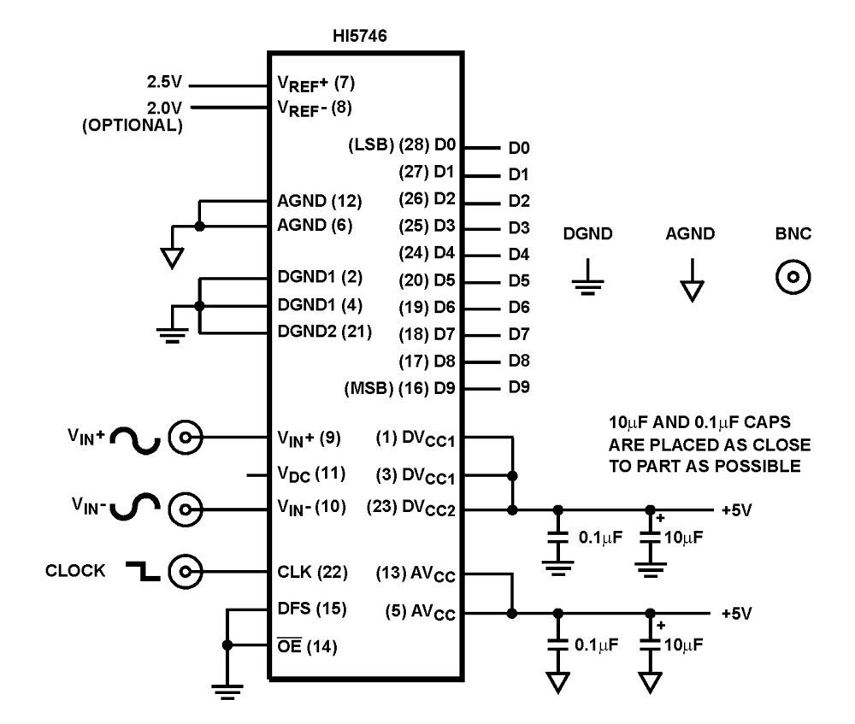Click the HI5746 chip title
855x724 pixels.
pyautogui.click(x=366, y=38)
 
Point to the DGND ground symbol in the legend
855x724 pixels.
pyautogui.click(x=585, y=281)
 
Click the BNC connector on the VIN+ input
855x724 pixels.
pyautogui.click(x=182, y=439)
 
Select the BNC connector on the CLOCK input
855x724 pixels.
pyautogui.click(x=182, y=570)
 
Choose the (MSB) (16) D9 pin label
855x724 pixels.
pyautogui.click(x=400, y=387)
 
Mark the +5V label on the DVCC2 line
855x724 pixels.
pyautogui.click(x=734, y=510)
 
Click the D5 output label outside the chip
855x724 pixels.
pyautogui.click(x=519, y=280)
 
